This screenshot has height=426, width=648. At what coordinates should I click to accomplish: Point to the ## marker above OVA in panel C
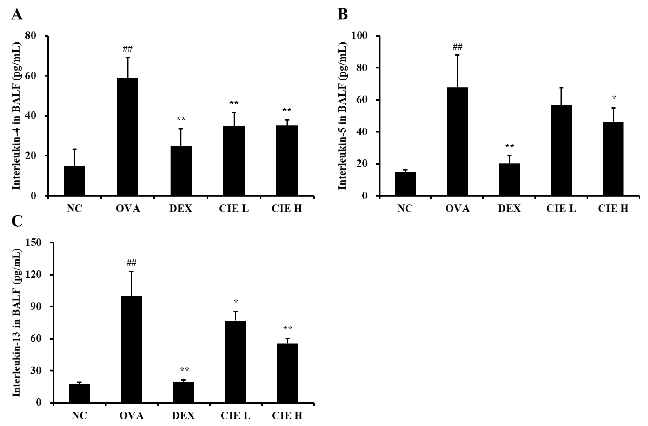coord(132,263)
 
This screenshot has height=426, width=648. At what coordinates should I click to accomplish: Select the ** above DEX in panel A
coord(181,119)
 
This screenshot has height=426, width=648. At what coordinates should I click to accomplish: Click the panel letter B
coord(342,14)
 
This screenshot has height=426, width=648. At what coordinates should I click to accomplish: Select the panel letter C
coord(17,221)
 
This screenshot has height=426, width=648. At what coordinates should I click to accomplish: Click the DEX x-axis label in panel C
coord(183,416)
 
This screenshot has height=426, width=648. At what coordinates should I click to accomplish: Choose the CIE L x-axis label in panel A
coord(234,209)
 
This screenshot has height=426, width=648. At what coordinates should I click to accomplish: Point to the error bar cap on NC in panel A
coord(75,149)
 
